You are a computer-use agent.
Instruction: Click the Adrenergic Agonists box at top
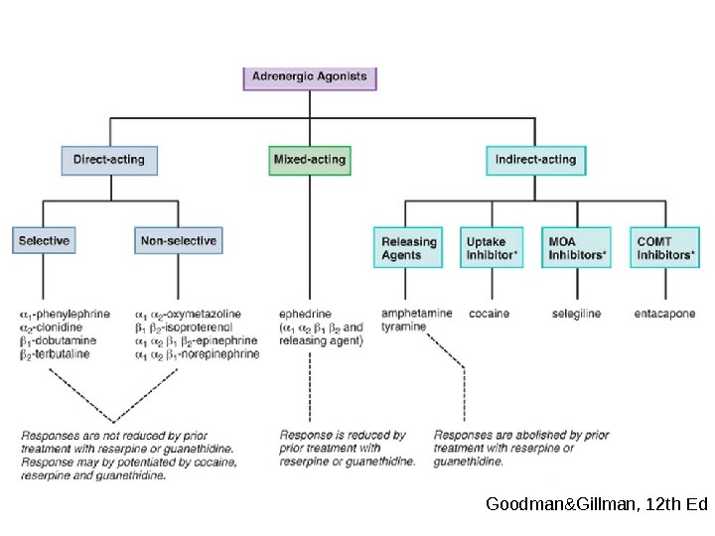310,77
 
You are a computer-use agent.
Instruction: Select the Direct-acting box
115,160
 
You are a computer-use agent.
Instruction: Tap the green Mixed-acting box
310,160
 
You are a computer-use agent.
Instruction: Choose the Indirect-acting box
536,160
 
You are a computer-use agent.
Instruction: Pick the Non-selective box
177,241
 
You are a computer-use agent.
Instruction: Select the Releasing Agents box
409,248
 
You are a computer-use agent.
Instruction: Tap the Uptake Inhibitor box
492,248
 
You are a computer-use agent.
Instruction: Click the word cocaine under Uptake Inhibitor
490,314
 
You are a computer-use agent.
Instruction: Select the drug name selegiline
577,314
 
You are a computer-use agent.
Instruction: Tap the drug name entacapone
664,314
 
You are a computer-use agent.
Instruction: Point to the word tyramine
403,327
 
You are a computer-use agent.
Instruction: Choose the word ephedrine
305,314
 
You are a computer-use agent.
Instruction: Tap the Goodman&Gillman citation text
596,504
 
